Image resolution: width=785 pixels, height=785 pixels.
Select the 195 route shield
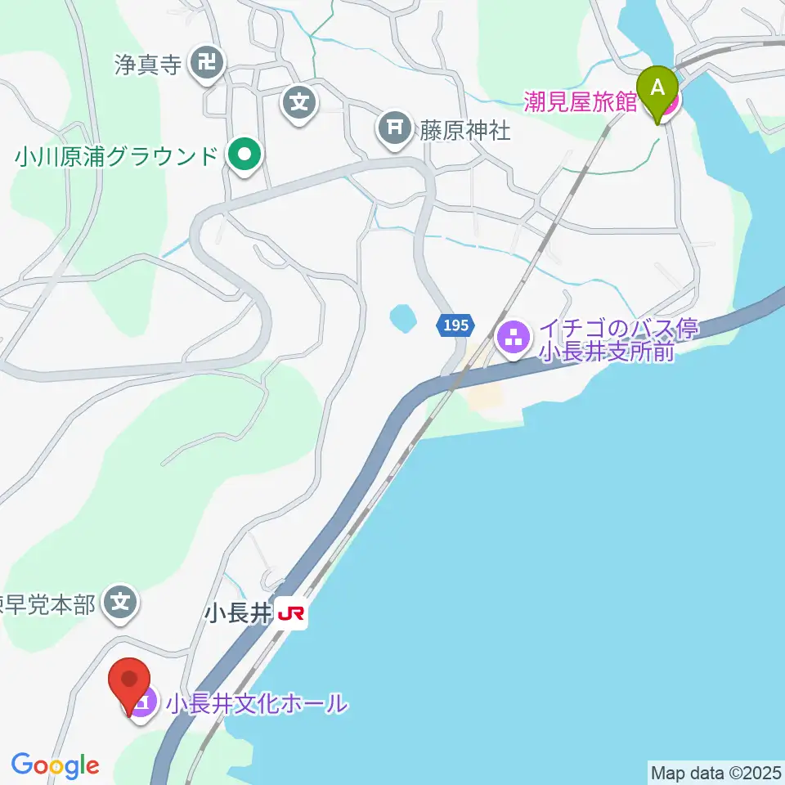click(455, 325)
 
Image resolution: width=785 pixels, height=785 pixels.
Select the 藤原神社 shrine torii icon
click(394, 129)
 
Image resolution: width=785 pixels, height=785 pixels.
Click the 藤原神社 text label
click(465, 129)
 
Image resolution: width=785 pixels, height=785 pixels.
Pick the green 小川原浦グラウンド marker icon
click(244, 155)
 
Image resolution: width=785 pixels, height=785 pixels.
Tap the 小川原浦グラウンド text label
click(116, 155)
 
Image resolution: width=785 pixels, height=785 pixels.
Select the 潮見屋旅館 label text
click(581, 103)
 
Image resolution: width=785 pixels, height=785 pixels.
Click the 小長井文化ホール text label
click(257, 703)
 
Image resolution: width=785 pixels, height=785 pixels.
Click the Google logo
click(55, 766)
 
